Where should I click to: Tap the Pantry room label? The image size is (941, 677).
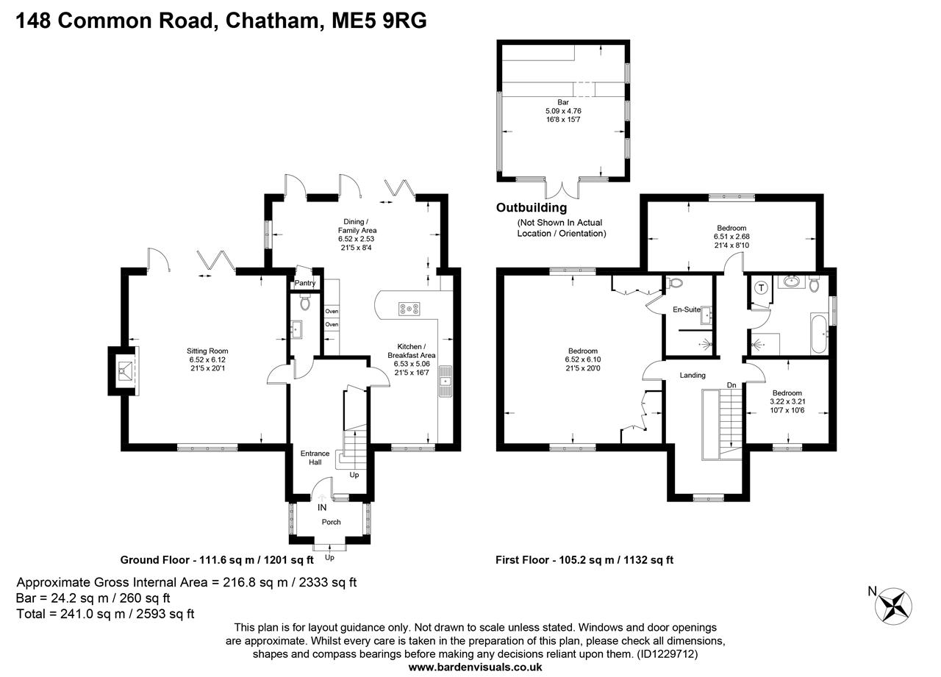point(304,283)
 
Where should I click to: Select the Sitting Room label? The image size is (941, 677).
point(207,351)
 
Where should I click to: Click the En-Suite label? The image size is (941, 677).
point(687,309)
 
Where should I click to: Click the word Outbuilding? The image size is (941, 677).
point(532,208)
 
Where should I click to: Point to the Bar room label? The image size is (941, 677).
point(562,103)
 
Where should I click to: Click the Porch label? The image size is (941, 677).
point(331,522)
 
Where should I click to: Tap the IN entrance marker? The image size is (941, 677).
point(321,507)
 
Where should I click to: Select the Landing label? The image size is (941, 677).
point(692,375)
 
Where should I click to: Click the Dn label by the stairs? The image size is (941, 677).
point(731,384)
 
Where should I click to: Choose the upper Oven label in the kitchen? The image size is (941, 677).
point(332,312)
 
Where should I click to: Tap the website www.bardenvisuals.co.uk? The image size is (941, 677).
point(475,667)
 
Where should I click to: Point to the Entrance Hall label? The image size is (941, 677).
point(315,458)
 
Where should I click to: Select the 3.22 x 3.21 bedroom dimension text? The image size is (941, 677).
point(786,401)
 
